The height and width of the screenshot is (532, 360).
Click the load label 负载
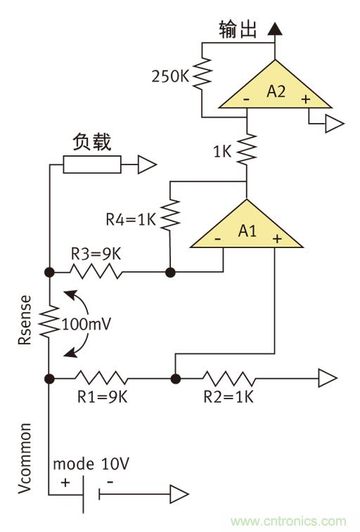(x=91, y=142)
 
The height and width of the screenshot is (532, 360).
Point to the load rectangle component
(x=91, y=165)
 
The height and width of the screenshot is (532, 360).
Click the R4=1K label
(x=131, y=219)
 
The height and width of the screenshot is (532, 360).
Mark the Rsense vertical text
(x=23, y=324)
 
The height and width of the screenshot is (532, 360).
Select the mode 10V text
(x=91, y=465)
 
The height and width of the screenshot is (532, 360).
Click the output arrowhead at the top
(x=275, y=28)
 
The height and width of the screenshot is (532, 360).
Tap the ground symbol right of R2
(x=328, y=379)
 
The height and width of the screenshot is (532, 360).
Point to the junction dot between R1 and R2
(x=175, y=379)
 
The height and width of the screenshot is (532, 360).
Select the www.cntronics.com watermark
(x=288, y=521)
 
